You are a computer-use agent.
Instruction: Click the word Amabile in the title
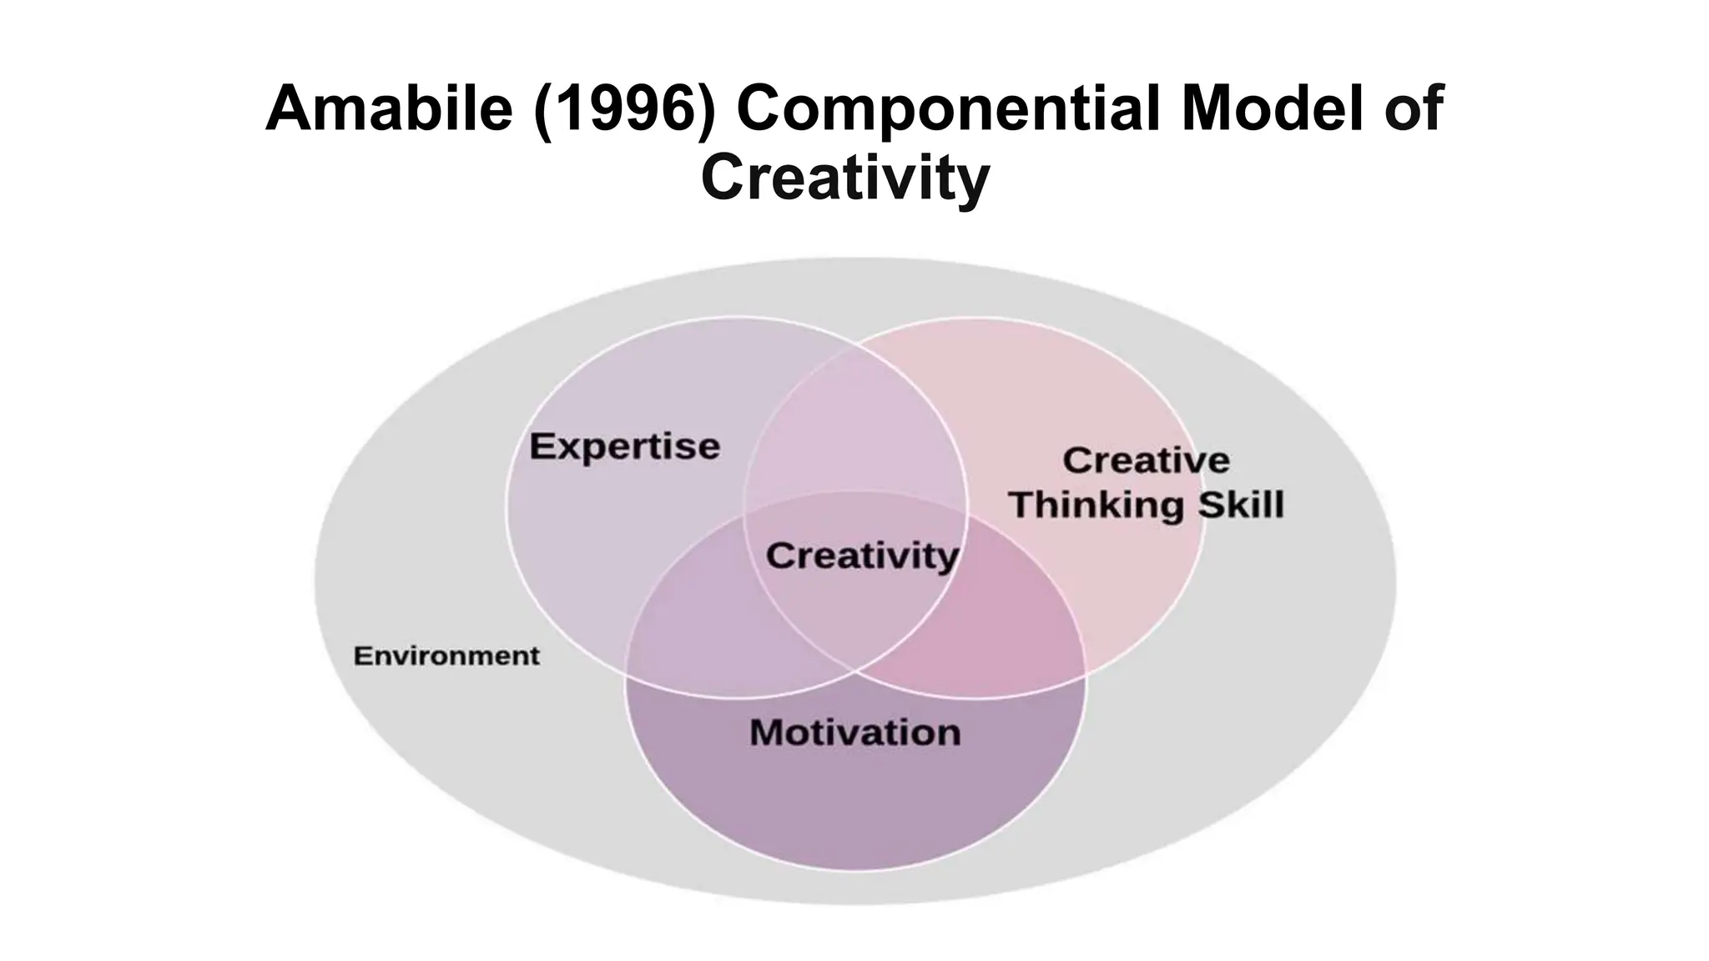(x=388, y=108)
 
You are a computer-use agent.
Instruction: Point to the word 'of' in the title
(x=1414, y=108)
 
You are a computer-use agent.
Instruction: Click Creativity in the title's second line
(x=845, y=177)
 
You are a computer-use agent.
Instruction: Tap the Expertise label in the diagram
(x=624, y=446)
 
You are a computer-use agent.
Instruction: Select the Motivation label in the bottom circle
(x=855, y=732)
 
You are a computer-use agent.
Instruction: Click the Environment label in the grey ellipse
(x=446, y=656)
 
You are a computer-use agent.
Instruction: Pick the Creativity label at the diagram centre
(x=862, y=556)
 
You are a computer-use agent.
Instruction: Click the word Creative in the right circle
(x=1146, y=460)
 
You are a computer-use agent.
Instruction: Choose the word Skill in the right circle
(x=1241, y=505)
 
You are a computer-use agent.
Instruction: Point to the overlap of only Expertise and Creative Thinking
(x=855, y=425)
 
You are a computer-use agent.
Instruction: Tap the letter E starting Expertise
(x=542, y=446)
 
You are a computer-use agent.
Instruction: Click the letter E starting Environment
(x=361, y=656)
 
